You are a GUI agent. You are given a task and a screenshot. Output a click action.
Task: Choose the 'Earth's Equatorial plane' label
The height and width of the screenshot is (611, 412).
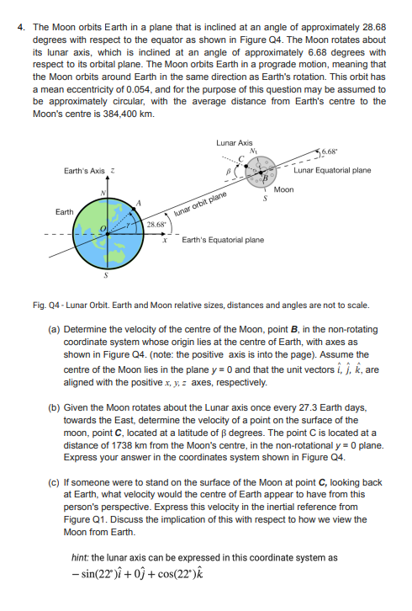tap(223, 239)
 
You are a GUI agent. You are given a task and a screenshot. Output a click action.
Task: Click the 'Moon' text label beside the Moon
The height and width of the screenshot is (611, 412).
tap(283, 190)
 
